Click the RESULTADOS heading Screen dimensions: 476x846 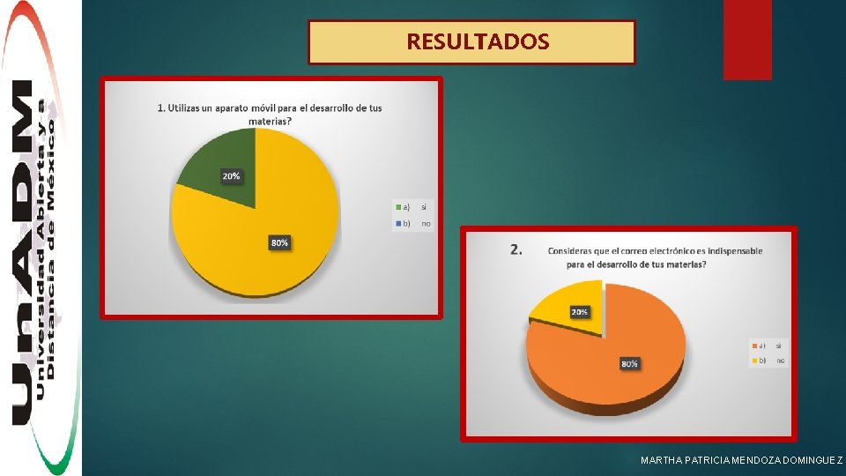477,41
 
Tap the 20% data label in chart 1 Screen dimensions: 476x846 231,176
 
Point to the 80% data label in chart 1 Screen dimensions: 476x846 279,242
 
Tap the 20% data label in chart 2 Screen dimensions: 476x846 580,312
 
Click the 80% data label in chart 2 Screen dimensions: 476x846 629,363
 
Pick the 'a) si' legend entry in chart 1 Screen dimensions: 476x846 413,207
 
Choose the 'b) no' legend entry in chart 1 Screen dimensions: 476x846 413,224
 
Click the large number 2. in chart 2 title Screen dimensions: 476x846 516,249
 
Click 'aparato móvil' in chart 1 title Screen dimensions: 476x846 238,108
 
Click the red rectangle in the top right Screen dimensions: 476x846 746,40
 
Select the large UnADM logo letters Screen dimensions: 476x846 23,256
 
